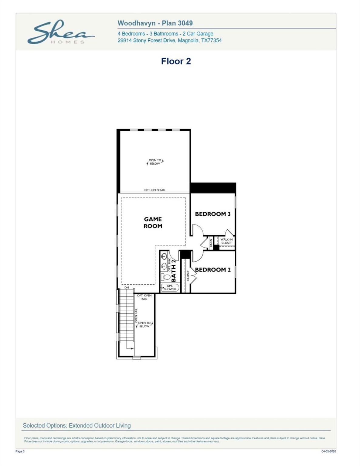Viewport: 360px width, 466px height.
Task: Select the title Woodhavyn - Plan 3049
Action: click(x=155, y=23)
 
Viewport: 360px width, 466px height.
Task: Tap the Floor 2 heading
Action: click(x=176, y=61)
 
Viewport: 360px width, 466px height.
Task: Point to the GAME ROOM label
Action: click(x=153, y=222)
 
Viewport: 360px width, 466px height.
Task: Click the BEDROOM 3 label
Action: click(x=212, y=214)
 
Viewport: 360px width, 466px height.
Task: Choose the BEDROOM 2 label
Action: click(x=212, y=270)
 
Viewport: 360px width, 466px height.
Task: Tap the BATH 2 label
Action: click(x=174, y=270)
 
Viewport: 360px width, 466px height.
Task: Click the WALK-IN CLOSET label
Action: click(x=226, y=241)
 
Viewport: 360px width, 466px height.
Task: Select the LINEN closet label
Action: click(x=211, y=243)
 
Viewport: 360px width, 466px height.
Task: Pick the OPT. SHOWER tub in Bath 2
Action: click(x=170, y=288)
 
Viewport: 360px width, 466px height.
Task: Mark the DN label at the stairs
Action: click(x=127, y=287)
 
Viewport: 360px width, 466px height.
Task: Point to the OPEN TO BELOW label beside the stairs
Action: click(x=144, y=325)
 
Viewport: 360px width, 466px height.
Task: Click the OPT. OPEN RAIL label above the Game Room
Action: click(x=155, y=190)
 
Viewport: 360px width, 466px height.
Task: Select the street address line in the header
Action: click(x=169, y=40)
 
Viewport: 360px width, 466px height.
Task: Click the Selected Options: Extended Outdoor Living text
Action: click(x=77, y=425)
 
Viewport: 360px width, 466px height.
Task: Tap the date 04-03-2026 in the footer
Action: click(x=328, y=451)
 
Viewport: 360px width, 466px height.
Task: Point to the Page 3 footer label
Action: click(x=20, y=451)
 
